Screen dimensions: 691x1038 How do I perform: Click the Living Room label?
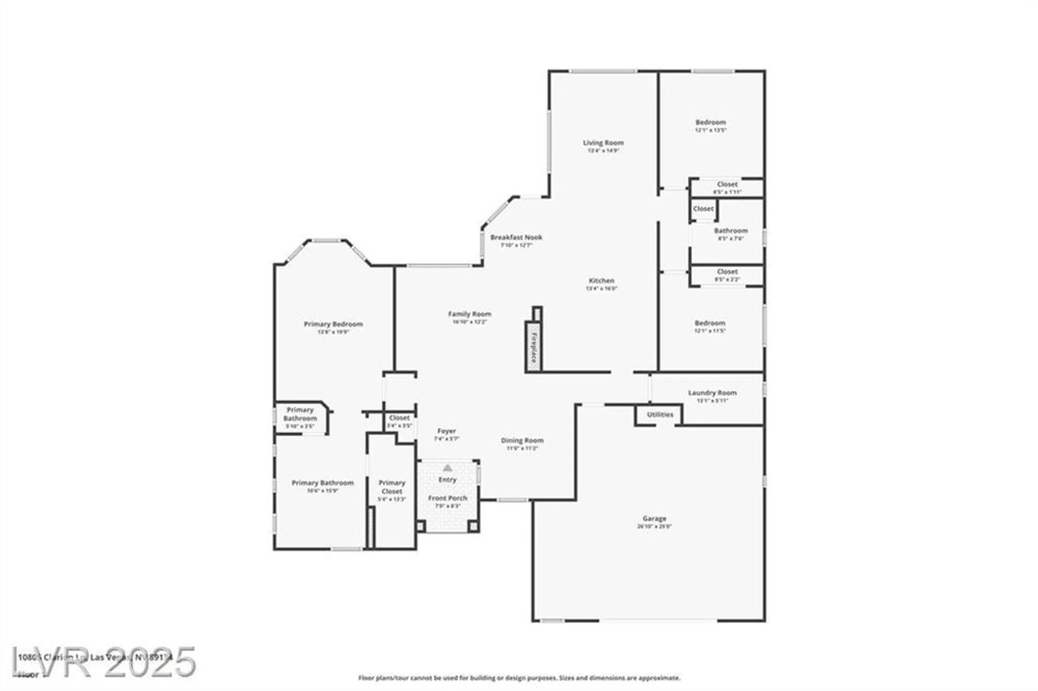click(x=603, y=143)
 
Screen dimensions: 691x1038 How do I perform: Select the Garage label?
click(x=654, y=518)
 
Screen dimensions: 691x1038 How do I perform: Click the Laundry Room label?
click(x=712, y=393)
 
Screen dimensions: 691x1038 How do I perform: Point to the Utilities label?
click(x=660, y=414)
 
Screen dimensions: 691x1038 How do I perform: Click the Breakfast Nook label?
click(x=516, y=237)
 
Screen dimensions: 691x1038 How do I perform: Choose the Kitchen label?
click(x=602, y=281)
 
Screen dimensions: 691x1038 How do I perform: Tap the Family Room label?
click(x=470, y=314)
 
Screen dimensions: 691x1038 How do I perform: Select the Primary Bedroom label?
click(x=333, y=324)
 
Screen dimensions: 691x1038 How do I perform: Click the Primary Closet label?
click(x=392, y=487)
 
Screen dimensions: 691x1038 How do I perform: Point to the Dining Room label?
click(x=522, y=440)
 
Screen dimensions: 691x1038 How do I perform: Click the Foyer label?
click(x=446, y=431)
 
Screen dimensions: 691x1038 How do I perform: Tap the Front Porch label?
click(x=447, y=498)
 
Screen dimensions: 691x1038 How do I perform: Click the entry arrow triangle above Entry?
click(x=447, y=468)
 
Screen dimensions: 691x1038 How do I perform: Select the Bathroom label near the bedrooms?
click(x=731, y=231)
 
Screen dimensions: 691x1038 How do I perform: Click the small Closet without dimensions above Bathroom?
click(x=703, y=209)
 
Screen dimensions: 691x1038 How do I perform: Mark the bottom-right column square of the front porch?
click(x=473, y=526)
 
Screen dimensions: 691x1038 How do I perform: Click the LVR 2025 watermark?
click(x=104, y=662)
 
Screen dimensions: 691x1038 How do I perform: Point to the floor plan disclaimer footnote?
click(x=519, y=678)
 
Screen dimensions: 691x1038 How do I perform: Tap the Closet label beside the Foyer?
click(x=399, y=418)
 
